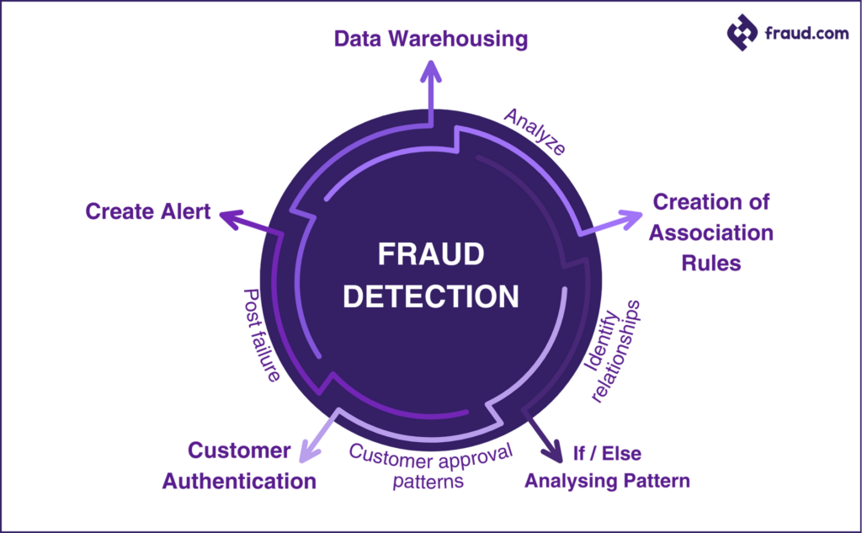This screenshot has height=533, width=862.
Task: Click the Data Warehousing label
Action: (431, 39)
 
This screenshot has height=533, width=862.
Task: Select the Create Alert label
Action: (148, 211)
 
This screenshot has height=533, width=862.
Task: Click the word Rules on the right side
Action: (711, 263)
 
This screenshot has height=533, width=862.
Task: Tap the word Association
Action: (711, 233)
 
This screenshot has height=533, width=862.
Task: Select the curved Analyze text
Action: (535, 131)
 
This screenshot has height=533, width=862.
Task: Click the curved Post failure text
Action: (260, 335)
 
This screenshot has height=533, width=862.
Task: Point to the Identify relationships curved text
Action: (613, 349)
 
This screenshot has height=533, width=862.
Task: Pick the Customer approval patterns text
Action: (430, 467)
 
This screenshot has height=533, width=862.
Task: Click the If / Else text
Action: (607, 454)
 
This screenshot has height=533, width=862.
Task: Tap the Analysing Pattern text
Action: (607, 482)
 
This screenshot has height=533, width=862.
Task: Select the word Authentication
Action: (239, 482)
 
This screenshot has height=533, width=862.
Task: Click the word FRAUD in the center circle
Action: (430, 254)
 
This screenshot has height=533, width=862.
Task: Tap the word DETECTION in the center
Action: (430, 296)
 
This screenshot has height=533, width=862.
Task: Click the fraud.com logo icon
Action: (742, 33)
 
